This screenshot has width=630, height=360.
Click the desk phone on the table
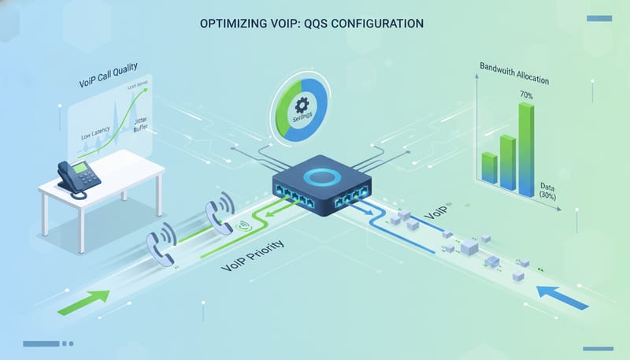(x=78, y=177)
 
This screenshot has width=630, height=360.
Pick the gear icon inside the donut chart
(x=301, y=106)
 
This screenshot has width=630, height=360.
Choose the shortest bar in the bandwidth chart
(x=488, y=167)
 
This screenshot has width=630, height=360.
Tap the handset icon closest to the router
(x=217, y=213)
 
